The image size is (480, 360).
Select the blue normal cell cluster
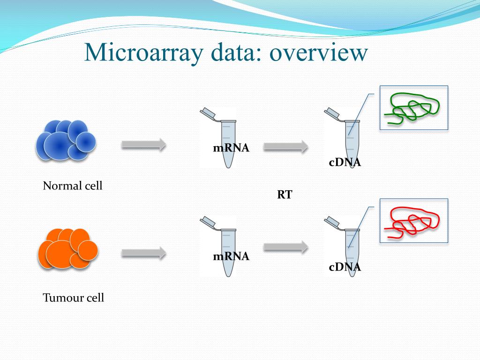[x=66, y=140]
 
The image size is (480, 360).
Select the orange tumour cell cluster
[x=67, y=249]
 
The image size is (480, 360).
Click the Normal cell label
[x=73, y=186]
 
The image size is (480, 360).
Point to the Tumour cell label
[x=74, y=298]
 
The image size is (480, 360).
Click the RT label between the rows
[x=285, y=195]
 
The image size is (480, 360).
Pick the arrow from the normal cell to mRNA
[x=144, y=145]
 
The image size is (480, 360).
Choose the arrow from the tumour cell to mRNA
[x=144, y=253]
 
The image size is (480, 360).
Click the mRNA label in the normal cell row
[x=231, y=149]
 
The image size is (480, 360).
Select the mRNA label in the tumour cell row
[x=231, y=256]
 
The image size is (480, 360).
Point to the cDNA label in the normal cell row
[x=345, y=163]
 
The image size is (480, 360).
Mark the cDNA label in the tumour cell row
[x=345, y=267]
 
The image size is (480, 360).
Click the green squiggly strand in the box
[x=412, y=108]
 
